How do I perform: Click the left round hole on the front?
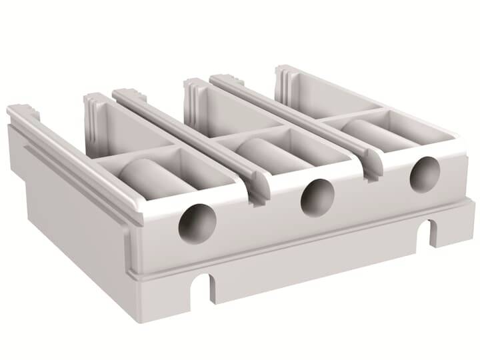(198, 223)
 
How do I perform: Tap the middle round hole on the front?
(317, 197)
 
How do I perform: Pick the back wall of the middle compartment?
(233, 110)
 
